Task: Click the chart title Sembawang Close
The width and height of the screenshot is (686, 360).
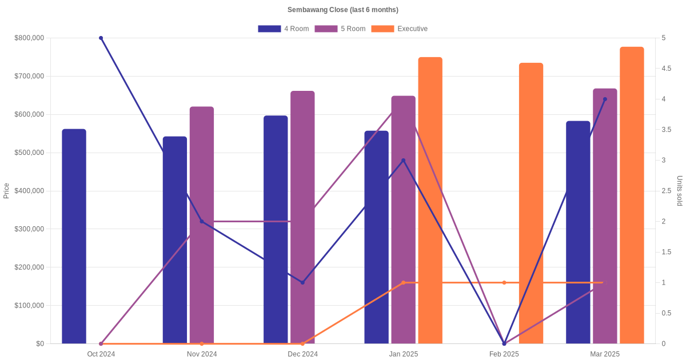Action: (x=343, y=10)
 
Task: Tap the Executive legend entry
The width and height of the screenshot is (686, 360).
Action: (x=399, y=29)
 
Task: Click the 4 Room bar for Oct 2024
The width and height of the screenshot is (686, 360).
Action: (x=74, y=237)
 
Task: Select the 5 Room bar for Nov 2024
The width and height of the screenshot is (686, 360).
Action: (x=202, y=225)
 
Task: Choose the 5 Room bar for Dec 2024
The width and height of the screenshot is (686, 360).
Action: (x=302, y=217)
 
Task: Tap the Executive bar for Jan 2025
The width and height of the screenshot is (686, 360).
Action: (x=430, y=200)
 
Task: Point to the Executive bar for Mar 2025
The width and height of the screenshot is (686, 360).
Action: (x=632, y=195)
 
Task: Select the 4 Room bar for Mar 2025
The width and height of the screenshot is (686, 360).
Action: (x=578, y=232)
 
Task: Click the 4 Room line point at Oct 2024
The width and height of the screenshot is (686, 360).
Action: (x=101, y=38)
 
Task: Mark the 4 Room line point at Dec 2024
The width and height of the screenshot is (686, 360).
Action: (x=302, y=282)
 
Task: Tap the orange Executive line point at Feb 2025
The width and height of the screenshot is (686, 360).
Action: (x=504, y=282)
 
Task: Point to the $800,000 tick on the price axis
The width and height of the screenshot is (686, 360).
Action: (x=29, y=38)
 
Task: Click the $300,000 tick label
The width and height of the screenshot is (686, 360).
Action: (x=29, y=229)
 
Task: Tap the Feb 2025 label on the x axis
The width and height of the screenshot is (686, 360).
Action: (x=504, y=354)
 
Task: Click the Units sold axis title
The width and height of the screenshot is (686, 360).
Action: (x=680, y=191)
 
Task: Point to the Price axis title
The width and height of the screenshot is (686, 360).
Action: (x=6, y=191)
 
